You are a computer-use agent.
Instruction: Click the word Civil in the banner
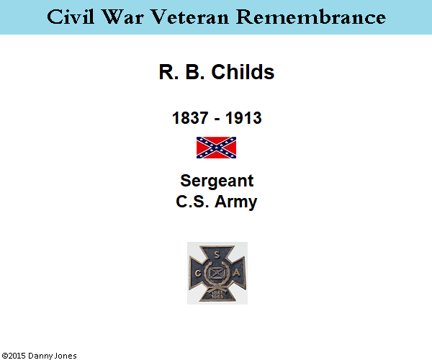(71, 17)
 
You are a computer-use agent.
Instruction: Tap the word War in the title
(123, 17)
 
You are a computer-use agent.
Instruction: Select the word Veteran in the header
(190, 17)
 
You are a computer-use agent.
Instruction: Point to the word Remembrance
(311, 17)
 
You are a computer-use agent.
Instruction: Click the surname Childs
(243, 72)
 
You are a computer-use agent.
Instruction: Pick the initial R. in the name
(168, 72)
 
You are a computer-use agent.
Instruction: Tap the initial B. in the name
(195, 72)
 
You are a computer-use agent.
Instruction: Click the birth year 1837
(190, 118)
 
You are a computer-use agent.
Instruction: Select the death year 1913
(243, 118)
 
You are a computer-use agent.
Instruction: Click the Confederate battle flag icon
(216, 148)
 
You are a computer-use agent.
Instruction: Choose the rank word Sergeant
(217, 181)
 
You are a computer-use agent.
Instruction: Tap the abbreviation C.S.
(192, 202)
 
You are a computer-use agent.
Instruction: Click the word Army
(236, 202)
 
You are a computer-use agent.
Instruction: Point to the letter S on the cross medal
(217, 255)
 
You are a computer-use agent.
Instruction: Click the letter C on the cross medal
(198, 274)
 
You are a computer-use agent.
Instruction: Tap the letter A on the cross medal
(237, 273)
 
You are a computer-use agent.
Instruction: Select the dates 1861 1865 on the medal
(217, 295)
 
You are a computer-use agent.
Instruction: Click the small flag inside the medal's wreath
(217, 273)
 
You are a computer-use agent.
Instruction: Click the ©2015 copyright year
(14, 356)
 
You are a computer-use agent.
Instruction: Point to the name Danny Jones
(53, 356)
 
